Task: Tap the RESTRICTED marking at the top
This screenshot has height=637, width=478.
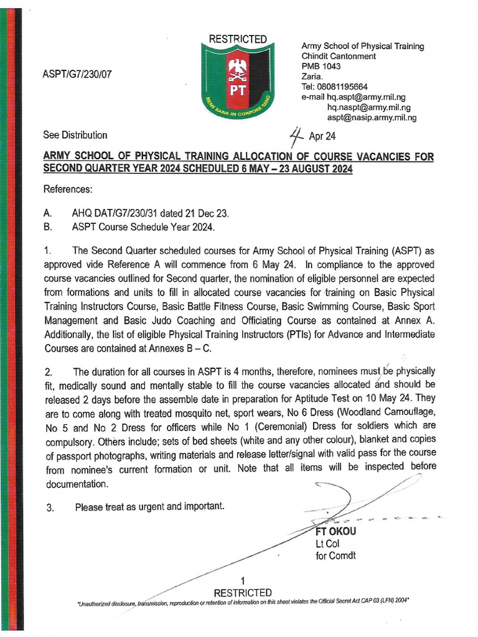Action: [x=237, y=40]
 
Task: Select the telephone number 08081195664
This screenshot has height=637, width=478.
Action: [x=342, y=86]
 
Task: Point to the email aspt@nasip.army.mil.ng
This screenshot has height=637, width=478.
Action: [x=372, y=117]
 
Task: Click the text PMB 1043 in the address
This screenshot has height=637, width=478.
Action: [x=321, y=66]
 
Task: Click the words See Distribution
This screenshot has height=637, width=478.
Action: [x=75, y=135]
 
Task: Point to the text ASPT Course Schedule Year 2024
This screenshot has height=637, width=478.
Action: [x=144, y=227]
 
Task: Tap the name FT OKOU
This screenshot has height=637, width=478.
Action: [x=336, y=532]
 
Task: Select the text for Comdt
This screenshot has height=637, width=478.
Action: [x=335, y=556]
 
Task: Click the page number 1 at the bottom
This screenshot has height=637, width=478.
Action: [x=243, y=580]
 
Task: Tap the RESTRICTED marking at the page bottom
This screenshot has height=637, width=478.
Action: [x=243, y=592]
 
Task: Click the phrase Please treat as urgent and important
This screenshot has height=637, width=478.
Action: [x=149, y=507]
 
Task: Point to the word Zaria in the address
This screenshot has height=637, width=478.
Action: [x=312, y=77]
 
